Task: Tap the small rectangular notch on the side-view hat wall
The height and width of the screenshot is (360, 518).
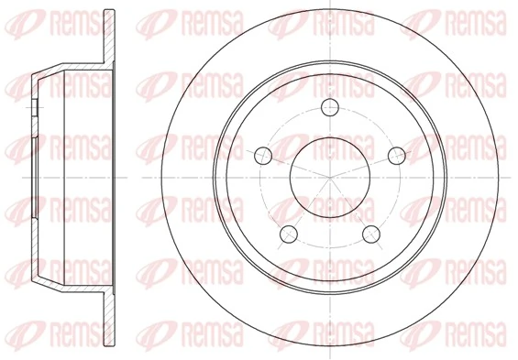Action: (33, 109)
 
